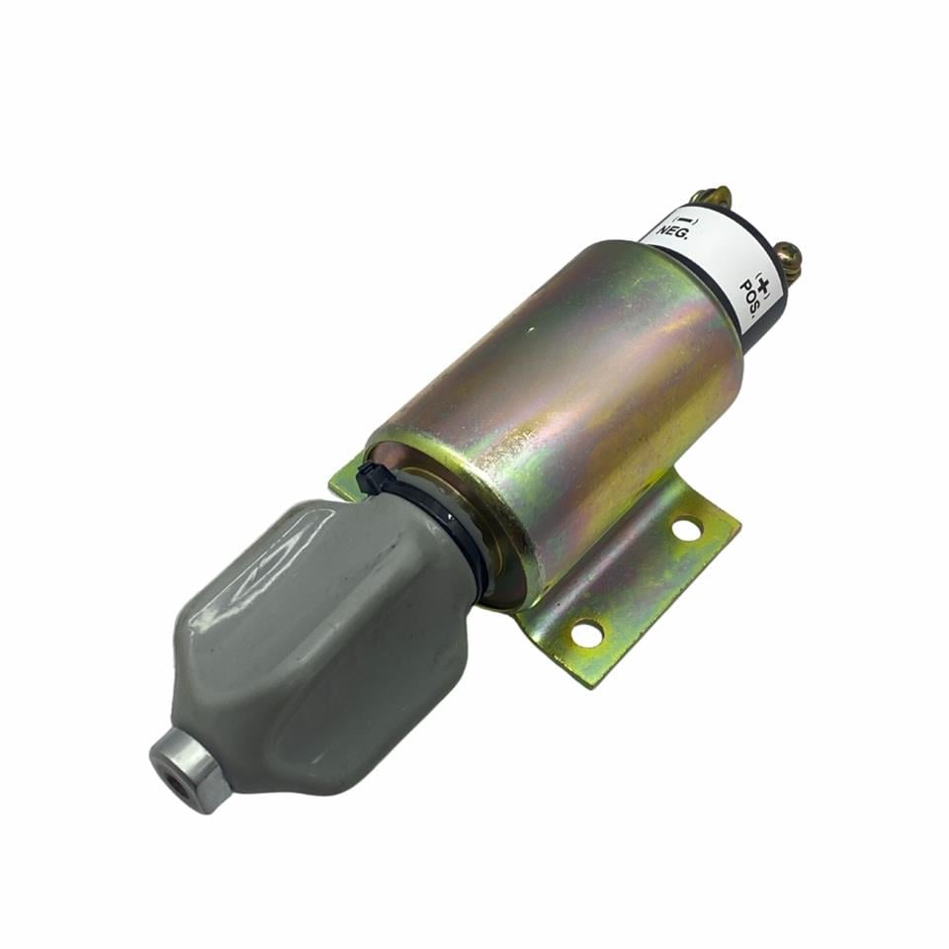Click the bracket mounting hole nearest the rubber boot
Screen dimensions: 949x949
pyautogui.click(x=587, y=630)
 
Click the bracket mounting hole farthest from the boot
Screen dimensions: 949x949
pyautogui.click(x=685, y=529)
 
